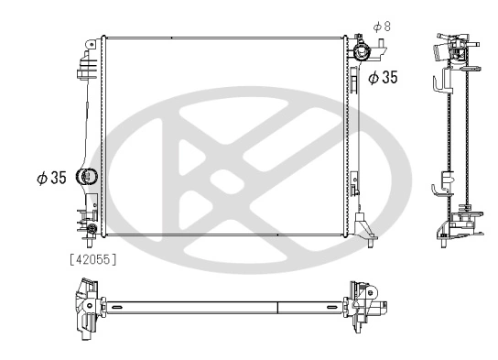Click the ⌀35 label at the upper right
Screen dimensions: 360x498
click(383, 79)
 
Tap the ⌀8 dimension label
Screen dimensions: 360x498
click(383, 27)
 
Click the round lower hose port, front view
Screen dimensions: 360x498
click(88, 178)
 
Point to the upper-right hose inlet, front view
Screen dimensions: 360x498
click(361, 51)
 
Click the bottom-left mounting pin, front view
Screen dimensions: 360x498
click(91, 240)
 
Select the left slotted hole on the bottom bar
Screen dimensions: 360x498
click(119, 306)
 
